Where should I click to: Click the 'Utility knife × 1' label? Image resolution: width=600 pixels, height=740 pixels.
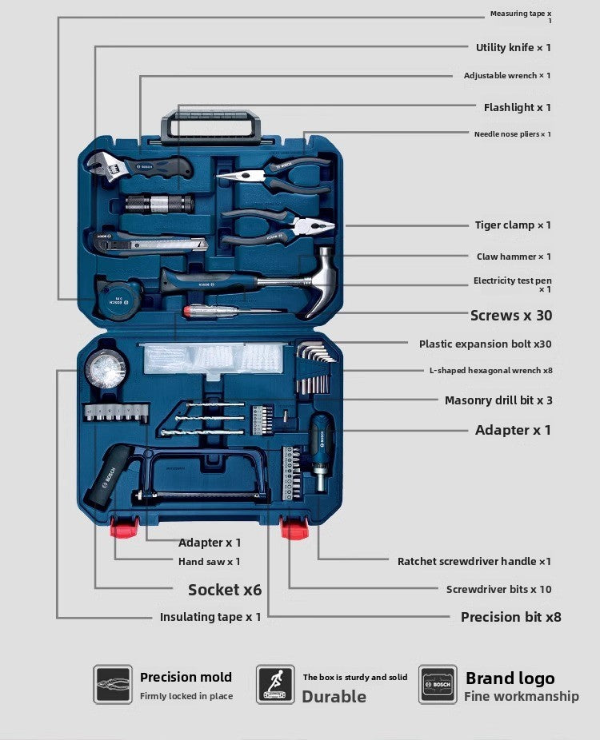513,48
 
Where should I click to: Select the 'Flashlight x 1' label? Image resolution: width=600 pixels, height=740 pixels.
517,107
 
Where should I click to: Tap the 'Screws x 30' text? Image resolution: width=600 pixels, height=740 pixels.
510,316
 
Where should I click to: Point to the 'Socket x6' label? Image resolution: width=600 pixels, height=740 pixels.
224,590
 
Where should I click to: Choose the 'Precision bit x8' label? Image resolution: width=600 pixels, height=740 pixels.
510,617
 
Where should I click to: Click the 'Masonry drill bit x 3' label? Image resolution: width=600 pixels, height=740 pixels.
498,400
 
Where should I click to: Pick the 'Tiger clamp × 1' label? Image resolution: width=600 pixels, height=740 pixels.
513,225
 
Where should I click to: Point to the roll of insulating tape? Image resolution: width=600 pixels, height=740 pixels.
106,369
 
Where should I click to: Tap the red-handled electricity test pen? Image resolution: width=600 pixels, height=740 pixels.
232,310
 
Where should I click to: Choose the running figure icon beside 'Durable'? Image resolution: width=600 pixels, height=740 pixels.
275,685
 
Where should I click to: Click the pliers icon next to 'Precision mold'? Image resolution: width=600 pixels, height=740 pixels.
113,685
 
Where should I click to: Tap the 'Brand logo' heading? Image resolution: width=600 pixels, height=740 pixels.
510,678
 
